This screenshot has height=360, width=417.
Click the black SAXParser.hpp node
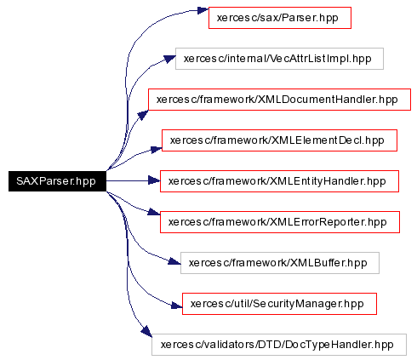[x=57, y=181]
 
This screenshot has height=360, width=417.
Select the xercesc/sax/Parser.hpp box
[x=280, y=18]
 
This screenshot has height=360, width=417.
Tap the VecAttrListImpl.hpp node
[x=279, y=59]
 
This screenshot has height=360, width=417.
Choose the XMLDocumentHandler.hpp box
[x=279, y=100]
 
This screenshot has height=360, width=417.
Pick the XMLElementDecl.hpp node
[x=279, y=140]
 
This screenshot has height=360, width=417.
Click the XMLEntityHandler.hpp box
[x=279, y=181]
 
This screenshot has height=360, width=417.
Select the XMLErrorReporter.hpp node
[x=280, y=222]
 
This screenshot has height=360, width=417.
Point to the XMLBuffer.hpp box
[x=280, y=263]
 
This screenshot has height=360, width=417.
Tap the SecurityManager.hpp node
[x=279, y=304]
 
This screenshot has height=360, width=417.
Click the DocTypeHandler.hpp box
[x=279, y=345]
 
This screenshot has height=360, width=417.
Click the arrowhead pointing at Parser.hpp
[x=203, y=10]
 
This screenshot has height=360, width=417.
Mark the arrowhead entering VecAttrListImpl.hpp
[x=169, y=59]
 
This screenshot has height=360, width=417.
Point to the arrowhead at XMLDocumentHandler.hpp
[x=143, y=115]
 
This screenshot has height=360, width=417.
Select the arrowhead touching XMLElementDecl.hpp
[x=157, y=150]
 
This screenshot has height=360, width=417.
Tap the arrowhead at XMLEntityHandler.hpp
[x=154, y=180]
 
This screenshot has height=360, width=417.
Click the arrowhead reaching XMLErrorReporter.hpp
[x=154, y=212]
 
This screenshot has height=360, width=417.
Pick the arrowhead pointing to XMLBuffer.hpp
[x=174, y=261]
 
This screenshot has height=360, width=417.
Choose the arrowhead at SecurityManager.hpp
[x=176, y=306]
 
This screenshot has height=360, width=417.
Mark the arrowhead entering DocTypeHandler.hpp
[x=146, y=331]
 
